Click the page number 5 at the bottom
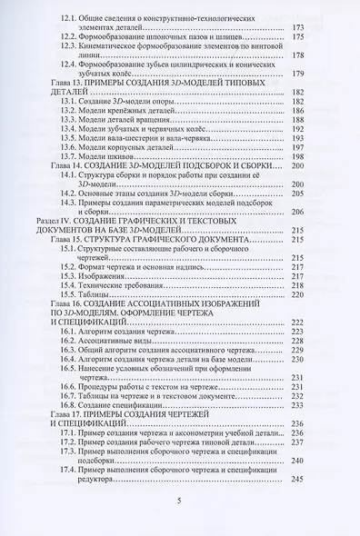pos(180,500)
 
